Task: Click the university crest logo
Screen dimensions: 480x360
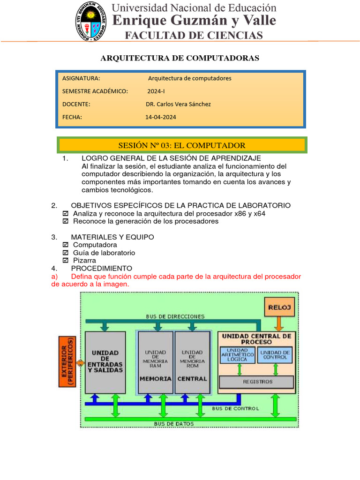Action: tap(91, 21)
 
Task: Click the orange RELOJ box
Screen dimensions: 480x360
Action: tap(280, 307)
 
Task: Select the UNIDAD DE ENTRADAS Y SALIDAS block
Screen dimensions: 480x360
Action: tap(105, 362)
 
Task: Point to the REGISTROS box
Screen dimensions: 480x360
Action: tap(257, 382)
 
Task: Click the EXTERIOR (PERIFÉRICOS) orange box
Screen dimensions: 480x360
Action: tap(67, 361)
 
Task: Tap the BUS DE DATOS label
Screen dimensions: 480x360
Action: tap(173, 424)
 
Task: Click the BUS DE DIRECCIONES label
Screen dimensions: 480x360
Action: tap(175, 316)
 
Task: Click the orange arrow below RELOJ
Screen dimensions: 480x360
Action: tap(278, 324)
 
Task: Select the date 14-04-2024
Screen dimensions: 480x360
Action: tap(161, 117)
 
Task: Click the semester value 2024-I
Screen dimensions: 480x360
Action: tap(156, 91)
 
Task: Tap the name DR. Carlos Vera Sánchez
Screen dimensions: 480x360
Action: tap(178, 104)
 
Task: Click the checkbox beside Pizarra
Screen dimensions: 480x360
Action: tap(65, 261)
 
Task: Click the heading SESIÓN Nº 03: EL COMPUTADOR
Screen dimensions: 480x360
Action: tap(181, 145)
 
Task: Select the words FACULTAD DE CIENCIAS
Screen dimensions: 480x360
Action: tap(193, 36)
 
